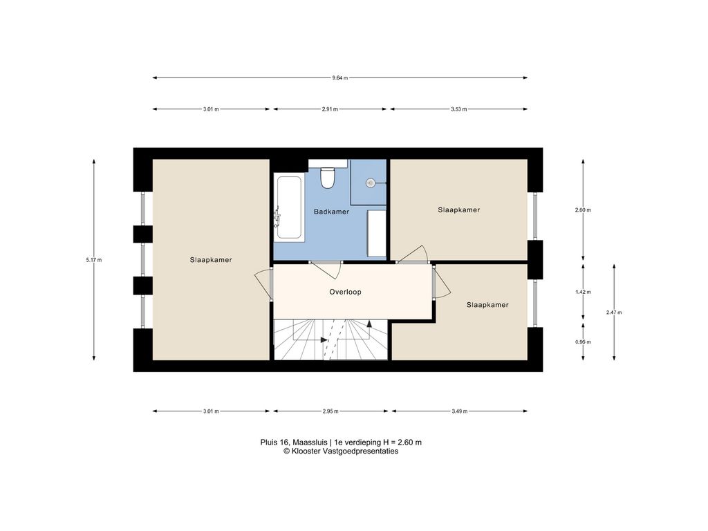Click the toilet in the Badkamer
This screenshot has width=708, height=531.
tap(327, 178)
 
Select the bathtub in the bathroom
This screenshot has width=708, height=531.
tap(289, 207)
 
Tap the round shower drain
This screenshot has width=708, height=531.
tap(371, 183)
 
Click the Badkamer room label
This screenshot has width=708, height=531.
tap(331, 212)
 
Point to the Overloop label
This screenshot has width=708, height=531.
tap(345, 292)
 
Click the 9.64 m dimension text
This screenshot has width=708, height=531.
tap(340, 77)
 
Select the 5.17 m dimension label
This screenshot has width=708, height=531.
tap(94, 260)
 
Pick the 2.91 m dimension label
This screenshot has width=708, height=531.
tap(330, 109)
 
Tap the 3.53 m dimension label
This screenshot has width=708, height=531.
tap(459, 109)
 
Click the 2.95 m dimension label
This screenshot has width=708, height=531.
tap(330, 411)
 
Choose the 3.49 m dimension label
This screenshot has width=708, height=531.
tap(459, 411)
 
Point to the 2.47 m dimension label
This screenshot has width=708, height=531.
tap(614, 313)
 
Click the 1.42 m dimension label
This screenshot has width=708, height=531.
tap(583, 292)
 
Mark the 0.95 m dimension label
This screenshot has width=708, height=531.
tap(583, 342)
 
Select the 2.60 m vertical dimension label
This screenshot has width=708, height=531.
tap(583, 210)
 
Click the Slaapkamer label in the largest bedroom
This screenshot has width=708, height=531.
tap(211, 260)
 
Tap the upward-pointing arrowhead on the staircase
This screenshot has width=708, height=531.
tap(369, 324)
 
